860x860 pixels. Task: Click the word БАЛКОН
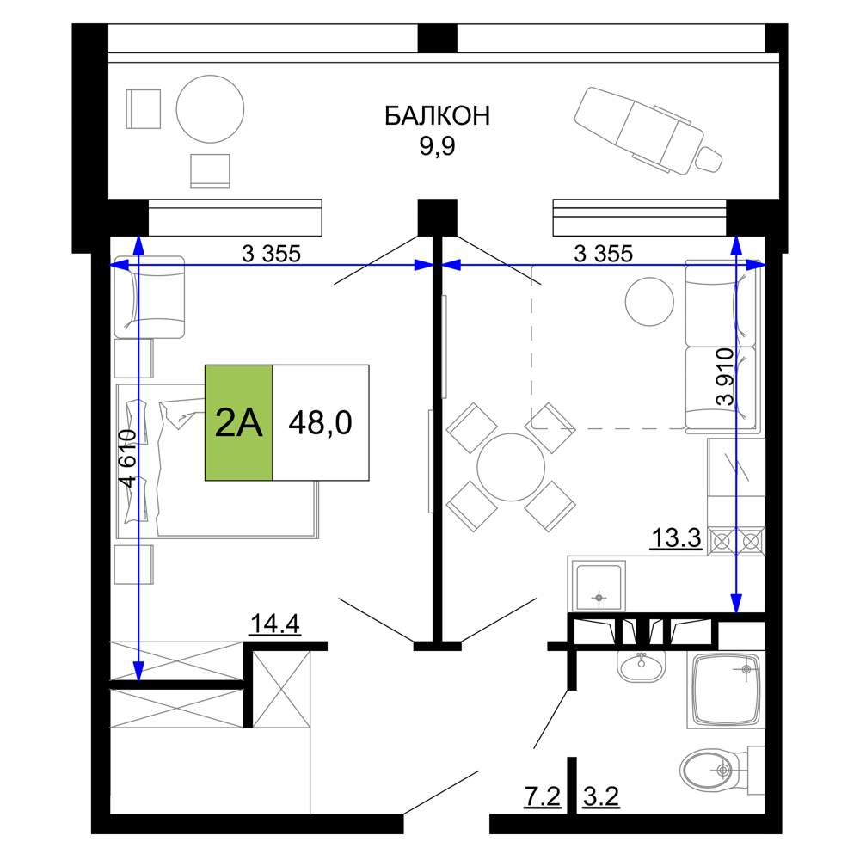tap(437, 116)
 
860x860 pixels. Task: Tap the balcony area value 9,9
tap(437, 146)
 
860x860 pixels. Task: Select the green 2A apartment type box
tap(238, 422)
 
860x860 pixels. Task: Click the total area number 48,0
tap(320, 422)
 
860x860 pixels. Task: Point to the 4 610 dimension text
tap(128, 458)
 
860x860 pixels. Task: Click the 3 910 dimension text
tap(724, 377)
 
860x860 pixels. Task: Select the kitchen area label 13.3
tap(676, 537)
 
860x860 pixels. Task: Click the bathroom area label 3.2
tap(601, 796)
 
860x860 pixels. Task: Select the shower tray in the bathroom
tap(726, 691)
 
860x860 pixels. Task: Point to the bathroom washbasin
tap(642, 666)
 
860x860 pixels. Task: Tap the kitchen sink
tap(599, 586)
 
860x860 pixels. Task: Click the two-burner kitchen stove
tap(736, 541)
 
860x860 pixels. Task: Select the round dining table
tap(511, 467)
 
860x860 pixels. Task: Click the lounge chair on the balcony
tap(648, 132)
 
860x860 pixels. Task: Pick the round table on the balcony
tap(210, 109)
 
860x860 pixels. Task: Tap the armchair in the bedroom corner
tap(149, 298)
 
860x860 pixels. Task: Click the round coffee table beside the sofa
tap(649, 302)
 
